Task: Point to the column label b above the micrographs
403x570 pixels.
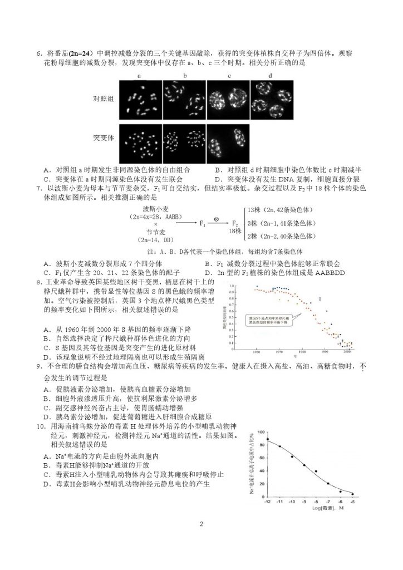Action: [184, 75]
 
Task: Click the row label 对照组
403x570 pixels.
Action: [104, 99]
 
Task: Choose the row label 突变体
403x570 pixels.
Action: [104, 137]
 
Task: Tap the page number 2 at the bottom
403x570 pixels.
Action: [201, 523]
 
